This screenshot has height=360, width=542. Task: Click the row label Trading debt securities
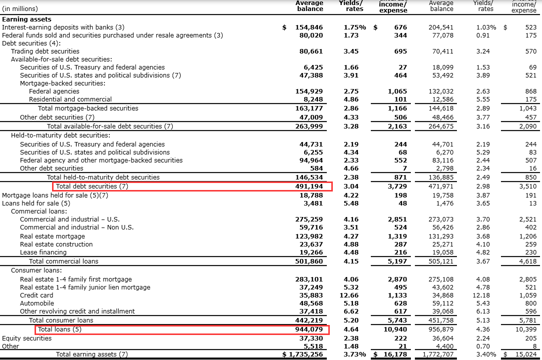click(45, 51)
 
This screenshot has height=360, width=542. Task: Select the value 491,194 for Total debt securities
click(309, 186)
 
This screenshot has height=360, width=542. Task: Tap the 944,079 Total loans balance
click(309, 329)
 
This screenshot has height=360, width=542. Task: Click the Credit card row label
click(37, 295)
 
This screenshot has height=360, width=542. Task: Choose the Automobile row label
click(37, 303)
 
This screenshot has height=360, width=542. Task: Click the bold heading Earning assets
click(27, 19)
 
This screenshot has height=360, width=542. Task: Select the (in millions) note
click(20, 8)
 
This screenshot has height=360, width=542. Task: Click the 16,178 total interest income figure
click(393, 354)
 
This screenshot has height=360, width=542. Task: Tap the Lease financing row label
click(43, 252)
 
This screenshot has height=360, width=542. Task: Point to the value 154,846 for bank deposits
click(309, 27)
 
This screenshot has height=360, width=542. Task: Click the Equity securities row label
click(27, 338)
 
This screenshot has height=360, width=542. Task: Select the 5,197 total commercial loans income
click(397, 261)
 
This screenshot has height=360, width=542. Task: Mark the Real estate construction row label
click(56, 244)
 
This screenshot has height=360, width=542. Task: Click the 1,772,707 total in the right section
click(438, 354)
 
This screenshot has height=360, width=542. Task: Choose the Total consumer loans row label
click(61, 320)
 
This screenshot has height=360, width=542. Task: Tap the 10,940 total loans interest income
click(395, 329)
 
